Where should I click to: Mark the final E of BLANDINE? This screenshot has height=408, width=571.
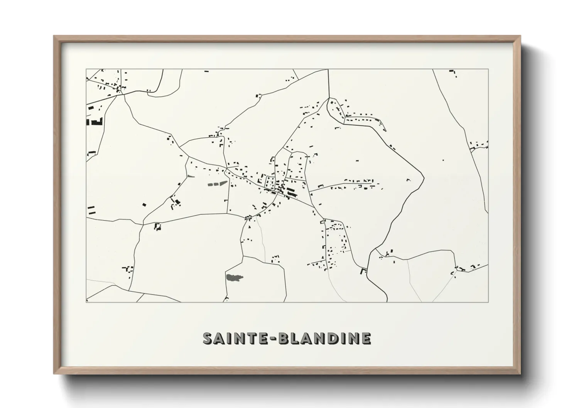pos(366,338)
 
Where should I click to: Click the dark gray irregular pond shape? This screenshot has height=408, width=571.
pos(234,277)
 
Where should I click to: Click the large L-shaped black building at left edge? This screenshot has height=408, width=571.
pos(95,122)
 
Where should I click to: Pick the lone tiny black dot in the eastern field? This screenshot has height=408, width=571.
pos(443,160)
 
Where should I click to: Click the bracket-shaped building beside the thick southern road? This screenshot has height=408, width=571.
pos(363,271)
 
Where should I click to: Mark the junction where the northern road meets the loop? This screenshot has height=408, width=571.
pos(329,98)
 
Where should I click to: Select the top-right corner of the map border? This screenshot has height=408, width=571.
pos(488,69)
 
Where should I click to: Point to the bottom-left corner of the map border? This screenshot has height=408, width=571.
pos(86,302)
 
